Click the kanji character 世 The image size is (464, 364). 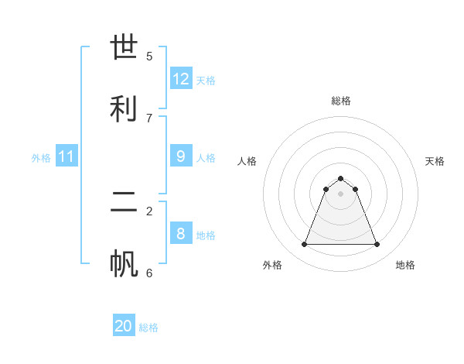click(x=125, y=48)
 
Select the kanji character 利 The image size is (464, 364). click(x=125, y=108)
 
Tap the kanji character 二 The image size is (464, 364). click(x=125, y=203)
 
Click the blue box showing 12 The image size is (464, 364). click(x=181, y=79)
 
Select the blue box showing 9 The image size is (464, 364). click(x=181, y=156)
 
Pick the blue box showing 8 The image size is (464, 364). click(x=181, y=233)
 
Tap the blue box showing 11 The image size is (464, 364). click(x=66, y=156)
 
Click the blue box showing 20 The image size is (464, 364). click(x=124, y=326)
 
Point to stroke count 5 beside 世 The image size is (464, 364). click(x=149, y=57)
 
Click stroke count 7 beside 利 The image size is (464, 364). click(x=149, y=118)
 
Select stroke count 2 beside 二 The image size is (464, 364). click(x=149, y=211)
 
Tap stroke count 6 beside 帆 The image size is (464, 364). click(x=149, y=273)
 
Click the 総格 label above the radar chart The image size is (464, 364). click(x=340, y=101)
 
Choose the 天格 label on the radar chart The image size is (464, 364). click(x=435, y=161)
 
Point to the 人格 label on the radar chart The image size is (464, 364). click(x=247, y=161)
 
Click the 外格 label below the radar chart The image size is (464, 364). click(x=272, y=265)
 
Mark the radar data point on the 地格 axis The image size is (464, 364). click(x=377, y=245)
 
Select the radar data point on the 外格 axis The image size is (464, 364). click(x=304, y=245)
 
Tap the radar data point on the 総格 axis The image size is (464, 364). click(x=340, y=178)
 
